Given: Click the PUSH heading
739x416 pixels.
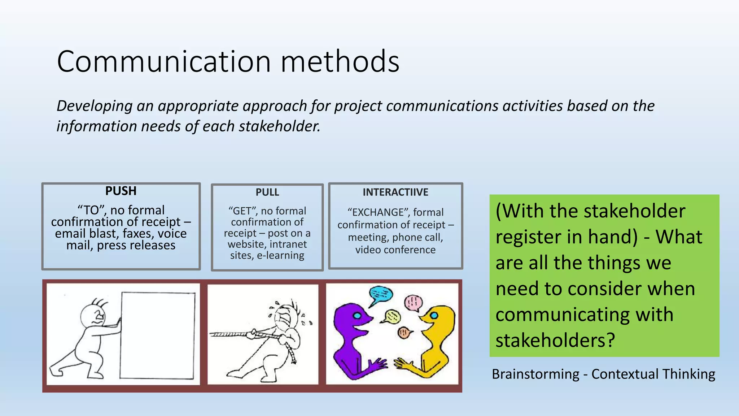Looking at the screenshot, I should pos(121,191).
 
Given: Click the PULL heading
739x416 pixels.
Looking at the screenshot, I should pos(267,192).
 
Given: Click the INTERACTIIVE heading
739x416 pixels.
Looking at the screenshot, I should pos(395,192).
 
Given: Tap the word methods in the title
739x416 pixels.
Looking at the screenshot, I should pos(340,62).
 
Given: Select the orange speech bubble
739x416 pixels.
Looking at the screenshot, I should pos(404,333).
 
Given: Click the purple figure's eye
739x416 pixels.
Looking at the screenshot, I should pos(357,316).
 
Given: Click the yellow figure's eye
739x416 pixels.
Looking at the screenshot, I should pos(434,316).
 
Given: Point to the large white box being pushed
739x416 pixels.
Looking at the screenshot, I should pos(158,335).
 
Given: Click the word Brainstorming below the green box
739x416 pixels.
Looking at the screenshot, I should pos(535,374).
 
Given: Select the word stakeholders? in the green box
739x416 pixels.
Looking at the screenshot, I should pos(555,341).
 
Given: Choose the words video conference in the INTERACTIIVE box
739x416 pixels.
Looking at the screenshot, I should pos(395,250).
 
